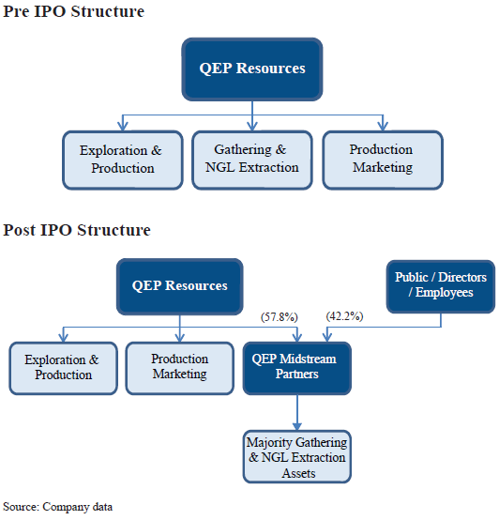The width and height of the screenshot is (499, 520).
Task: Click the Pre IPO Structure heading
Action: point(74,12)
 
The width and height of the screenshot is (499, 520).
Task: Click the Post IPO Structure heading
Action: point(77,230)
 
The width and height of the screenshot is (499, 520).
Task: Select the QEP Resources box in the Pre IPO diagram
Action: point(252,69)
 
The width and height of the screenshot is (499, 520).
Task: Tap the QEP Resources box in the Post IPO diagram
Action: point(179,286)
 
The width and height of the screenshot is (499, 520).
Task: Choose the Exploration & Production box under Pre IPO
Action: point(123,159)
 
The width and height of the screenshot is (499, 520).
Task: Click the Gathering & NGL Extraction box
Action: point(251,159)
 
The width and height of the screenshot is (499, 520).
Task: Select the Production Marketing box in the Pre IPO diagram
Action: point(382,159)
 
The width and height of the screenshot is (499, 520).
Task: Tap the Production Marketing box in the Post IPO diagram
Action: point(179,367)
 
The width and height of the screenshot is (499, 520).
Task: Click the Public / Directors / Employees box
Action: point(440,285)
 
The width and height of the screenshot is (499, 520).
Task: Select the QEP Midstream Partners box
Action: point(296,367)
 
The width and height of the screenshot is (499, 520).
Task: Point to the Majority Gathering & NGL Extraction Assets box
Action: point(296,457)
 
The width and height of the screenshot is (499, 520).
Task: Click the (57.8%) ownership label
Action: point(280,316)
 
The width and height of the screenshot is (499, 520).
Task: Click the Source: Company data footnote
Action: point(58,507)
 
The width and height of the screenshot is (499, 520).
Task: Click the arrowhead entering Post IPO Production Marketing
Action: point(179,337)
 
